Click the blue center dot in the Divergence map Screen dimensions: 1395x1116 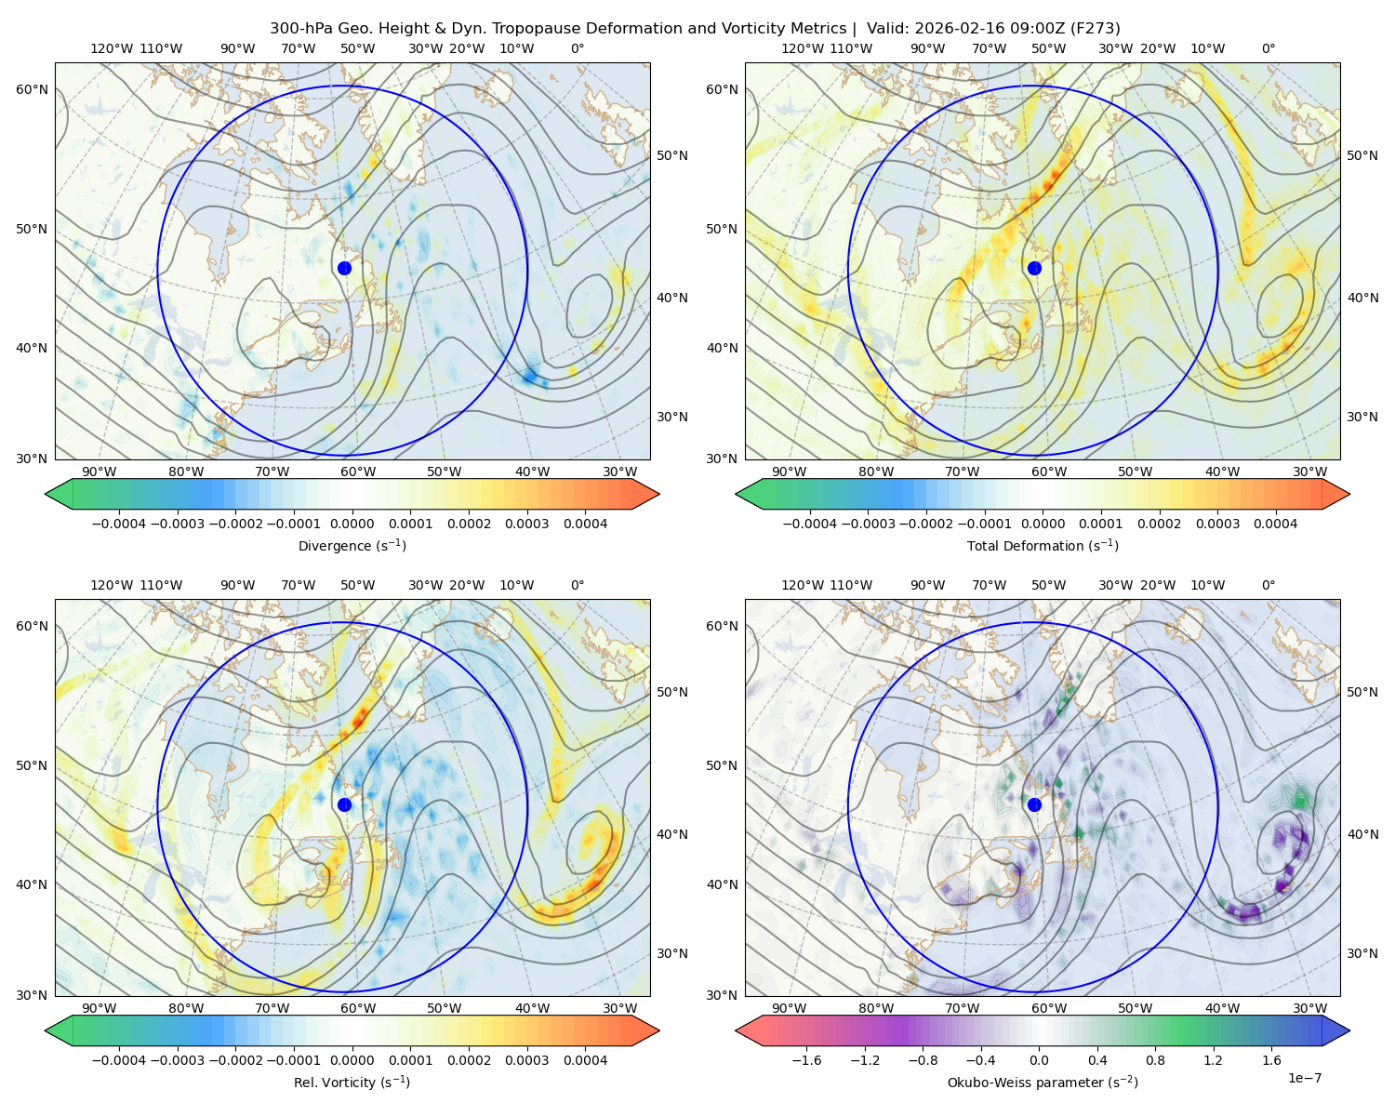coord(344,268)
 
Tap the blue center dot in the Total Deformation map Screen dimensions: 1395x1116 coord(1034,268)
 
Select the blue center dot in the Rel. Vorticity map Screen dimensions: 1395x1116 coord(344,804)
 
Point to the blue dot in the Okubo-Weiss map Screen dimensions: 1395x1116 coord(1034,804)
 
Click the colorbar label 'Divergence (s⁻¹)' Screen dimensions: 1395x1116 coord(352,545)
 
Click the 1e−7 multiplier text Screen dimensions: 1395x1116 coord(1304,1078)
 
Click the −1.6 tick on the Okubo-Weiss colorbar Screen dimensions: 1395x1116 coord(806,1060)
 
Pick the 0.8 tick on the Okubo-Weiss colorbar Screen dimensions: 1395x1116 coord(1154,1060)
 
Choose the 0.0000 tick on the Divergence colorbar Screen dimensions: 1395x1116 coord(352,524)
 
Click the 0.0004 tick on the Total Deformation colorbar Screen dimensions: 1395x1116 coord(1275,524)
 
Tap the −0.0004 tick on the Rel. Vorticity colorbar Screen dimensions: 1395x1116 coord(119,1060)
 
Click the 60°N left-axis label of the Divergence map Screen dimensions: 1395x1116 coord(32,89)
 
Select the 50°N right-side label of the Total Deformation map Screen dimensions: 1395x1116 coord(1362,155)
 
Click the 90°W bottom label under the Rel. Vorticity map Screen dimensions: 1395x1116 coord(100,1008)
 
